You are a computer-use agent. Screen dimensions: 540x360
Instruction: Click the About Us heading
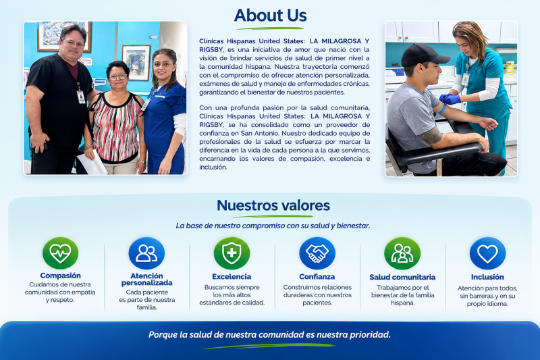tap(271, 16)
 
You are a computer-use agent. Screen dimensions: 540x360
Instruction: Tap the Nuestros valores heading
tap(273, 205)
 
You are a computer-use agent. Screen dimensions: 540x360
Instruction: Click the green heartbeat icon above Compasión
tap(60, 253)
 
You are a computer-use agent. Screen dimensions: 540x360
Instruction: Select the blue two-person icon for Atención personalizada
tap(146, 253)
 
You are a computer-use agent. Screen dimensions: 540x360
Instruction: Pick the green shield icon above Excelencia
tap(232, 253)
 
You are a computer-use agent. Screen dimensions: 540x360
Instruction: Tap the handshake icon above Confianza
tap(317, 253)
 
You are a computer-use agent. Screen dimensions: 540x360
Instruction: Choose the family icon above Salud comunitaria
tap(402, 253)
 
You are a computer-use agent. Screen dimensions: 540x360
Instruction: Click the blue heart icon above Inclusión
tap(487, 253)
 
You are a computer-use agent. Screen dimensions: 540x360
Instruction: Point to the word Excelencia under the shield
tap(232, 277)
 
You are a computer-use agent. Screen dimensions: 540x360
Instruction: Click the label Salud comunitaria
tap(402, 277)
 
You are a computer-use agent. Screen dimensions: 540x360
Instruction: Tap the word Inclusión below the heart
tap(487, 277)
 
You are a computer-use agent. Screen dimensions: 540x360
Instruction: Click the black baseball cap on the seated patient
tap(424, 55)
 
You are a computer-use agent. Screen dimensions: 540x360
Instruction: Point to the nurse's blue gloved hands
tap(450, 99)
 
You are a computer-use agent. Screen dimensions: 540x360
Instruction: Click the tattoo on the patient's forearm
tap(431, 135)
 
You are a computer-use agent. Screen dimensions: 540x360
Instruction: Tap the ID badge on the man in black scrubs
tap(81, 97)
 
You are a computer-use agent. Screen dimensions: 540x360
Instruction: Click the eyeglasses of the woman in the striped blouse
tap(118, 77)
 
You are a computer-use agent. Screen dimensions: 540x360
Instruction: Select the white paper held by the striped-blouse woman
tap(92, 163)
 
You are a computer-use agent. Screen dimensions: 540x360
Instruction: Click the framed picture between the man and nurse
tap(137, 62)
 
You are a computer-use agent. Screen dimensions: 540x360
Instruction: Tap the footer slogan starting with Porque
tap(269, 334)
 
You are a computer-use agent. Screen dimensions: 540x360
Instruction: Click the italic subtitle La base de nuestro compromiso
tap(273, 226)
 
